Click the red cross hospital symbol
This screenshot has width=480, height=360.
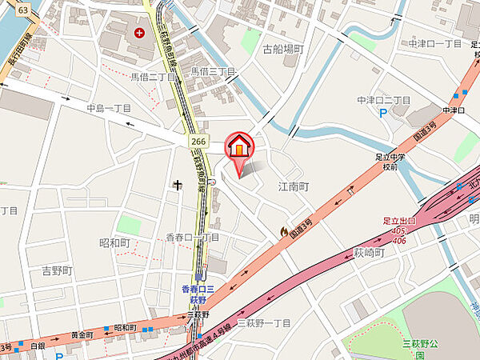140,33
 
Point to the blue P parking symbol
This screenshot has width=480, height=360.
382,113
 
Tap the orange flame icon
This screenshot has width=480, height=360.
282,231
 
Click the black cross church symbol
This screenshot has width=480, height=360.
176,185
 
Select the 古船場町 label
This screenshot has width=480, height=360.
283,49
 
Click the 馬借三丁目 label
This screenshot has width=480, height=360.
213,72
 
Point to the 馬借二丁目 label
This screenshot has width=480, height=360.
154,78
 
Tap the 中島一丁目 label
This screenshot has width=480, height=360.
110,108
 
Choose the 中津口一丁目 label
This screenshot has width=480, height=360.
435,43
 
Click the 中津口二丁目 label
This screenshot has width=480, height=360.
383,100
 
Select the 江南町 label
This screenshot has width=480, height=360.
293,186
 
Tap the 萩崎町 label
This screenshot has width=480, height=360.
369,253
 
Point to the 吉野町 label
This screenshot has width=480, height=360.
57,271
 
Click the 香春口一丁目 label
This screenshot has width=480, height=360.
192,238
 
